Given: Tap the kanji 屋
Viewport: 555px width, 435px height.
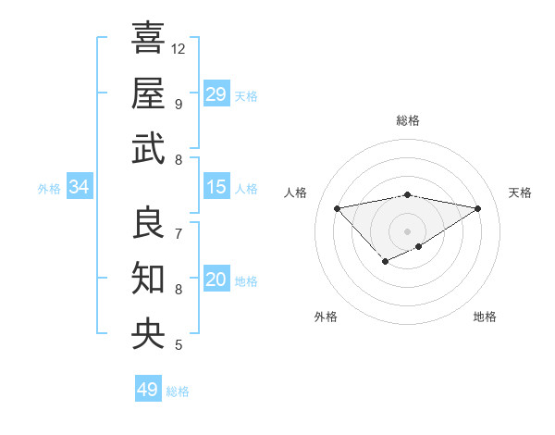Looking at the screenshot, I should (x=148, y=93).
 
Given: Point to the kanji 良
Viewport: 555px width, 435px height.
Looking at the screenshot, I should (x=148, y=222).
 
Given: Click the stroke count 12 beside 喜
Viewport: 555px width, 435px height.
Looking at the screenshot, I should (x=179, y=48).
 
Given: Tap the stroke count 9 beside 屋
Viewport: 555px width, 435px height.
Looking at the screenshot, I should (x=179, y=104).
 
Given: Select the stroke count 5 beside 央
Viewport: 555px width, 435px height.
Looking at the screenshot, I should (x=179, y=345).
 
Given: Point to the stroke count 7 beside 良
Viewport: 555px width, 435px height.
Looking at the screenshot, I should (x=179, y=233).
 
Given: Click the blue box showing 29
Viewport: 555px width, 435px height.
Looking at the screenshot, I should (x=216, y=94).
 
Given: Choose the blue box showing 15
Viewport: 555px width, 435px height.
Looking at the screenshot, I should (x=216, y=187).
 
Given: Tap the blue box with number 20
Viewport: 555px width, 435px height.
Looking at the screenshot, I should (x=216, y=280).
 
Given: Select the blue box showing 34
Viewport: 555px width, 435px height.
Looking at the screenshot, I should (x=80, y=188).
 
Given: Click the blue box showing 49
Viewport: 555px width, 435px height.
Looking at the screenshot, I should (x=148, y=390).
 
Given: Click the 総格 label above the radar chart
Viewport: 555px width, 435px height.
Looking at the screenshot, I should (x=407, y=120).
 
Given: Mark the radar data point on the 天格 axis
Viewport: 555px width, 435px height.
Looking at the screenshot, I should (x=478, y=208).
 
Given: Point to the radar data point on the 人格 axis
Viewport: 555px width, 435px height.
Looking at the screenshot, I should (x=337, y=207).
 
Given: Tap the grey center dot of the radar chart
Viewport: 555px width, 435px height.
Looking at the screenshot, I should (x=407, y=230).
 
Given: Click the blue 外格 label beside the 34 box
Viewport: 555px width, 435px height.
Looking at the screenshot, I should (x=49, y=189).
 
